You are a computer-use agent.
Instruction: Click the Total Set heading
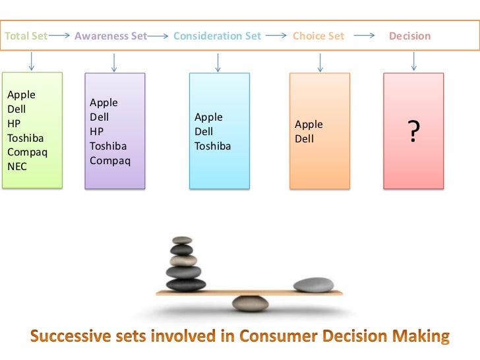(26, 36)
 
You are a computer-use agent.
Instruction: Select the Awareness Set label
(111, 36)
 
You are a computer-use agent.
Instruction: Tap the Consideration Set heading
(217, 36)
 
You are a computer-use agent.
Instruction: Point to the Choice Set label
(318, 36)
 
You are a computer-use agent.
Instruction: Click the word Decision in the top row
(409, 36)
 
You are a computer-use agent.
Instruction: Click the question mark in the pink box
(413, 133)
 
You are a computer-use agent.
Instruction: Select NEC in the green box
(17, 167)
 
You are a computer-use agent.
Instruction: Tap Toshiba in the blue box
(212, 146)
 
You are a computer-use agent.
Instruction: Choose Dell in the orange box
(304, 139)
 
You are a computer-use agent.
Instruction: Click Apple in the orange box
(309, 125)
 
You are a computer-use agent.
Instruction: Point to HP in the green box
(14, 123)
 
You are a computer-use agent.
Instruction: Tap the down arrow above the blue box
(218, 62)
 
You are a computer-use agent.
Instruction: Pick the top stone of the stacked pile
(182, 239)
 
